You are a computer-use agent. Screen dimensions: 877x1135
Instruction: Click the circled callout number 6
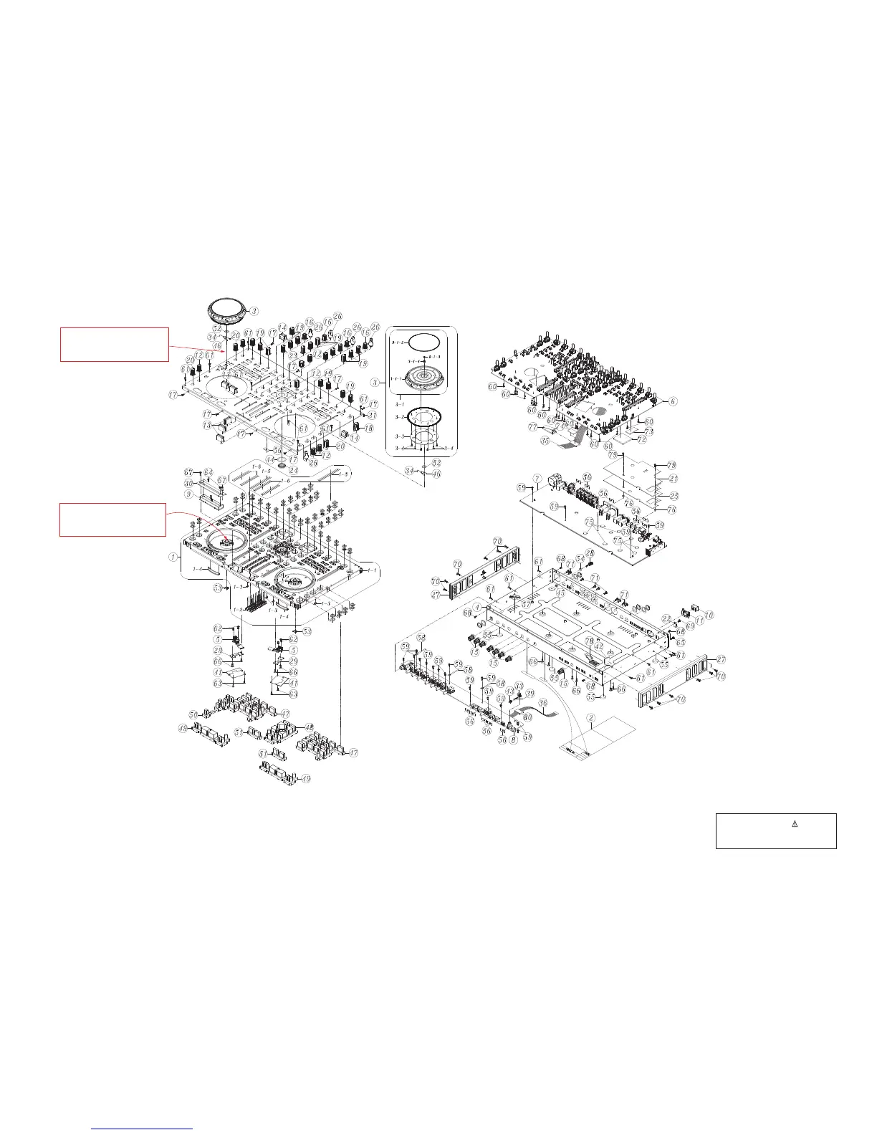674,401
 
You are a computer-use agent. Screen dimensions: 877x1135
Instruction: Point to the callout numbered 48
310,727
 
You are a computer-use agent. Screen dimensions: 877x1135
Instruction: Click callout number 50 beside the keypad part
193,714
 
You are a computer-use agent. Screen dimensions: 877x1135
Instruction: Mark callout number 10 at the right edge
709,615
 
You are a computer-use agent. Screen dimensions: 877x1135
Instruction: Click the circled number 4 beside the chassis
477,608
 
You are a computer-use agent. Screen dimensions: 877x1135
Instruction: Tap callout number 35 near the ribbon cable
545,441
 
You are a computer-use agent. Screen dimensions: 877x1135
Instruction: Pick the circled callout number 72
642,439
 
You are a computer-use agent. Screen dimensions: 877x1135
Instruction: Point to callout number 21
673,478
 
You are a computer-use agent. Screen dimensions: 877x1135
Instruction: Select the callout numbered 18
370,428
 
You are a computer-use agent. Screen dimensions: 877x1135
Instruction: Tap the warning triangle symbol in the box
794,823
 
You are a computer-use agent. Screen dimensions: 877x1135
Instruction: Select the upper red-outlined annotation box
114,344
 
